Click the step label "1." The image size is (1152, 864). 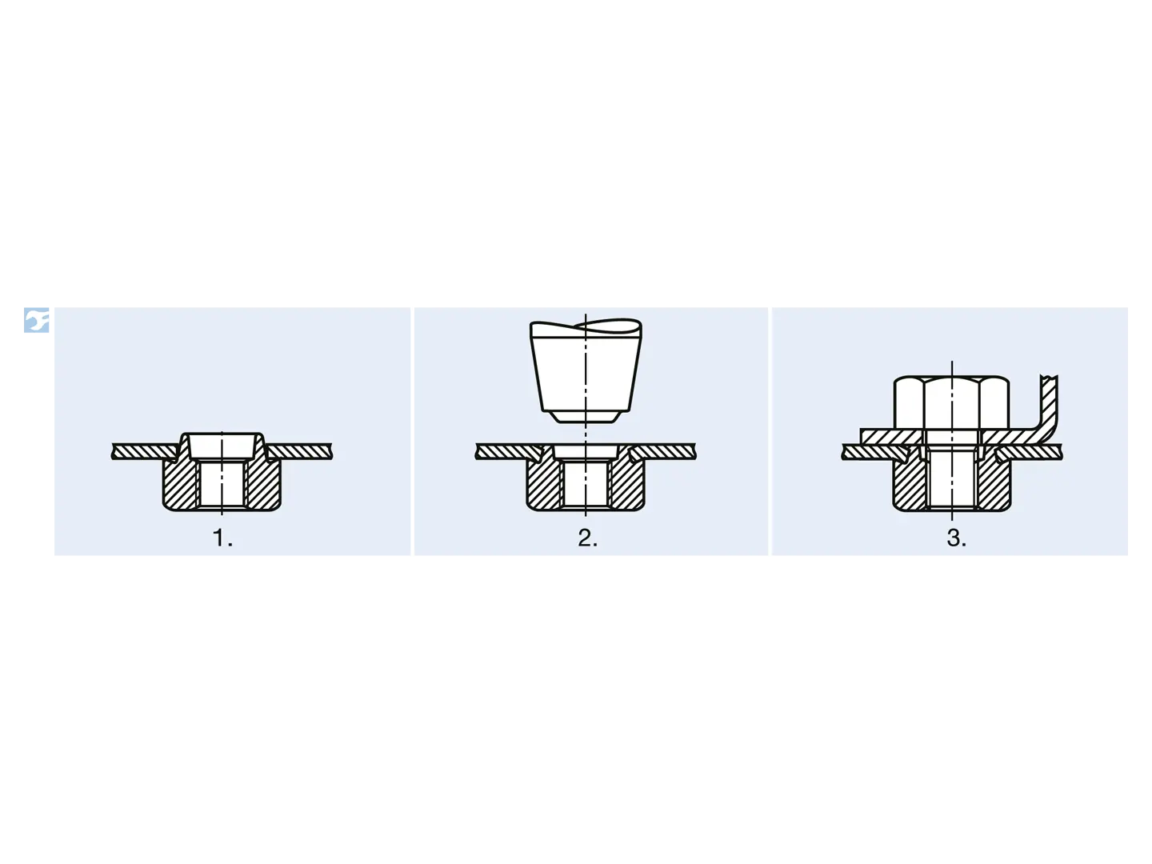point(222,538)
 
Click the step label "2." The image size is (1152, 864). point(588,538)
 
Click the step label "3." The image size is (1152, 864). point(956,538)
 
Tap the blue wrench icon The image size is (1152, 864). point(36,320)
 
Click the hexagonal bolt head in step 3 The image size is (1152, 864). point(951,403)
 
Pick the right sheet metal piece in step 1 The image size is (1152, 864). point(299,452)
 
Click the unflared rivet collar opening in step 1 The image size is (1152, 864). point(222,446)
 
